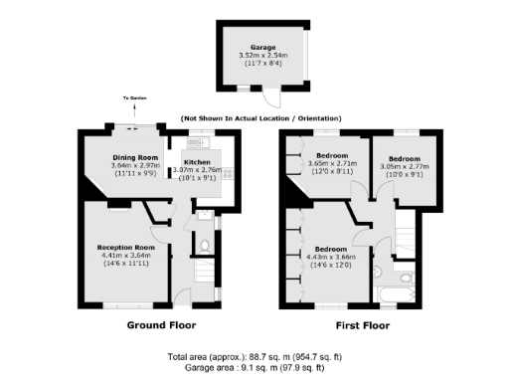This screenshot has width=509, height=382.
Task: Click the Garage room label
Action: tap(261, 46)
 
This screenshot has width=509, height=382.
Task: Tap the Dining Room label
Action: tap(134, 157)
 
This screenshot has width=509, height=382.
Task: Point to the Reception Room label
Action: tap(125, 246)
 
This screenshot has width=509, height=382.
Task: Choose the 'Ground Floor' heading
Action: tap(160, 325)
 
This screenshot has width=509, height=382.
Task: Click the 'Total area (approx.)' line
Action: tap(254, 356)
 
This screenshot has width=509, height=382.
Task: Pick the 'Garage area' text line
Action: tap(254, 366)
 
